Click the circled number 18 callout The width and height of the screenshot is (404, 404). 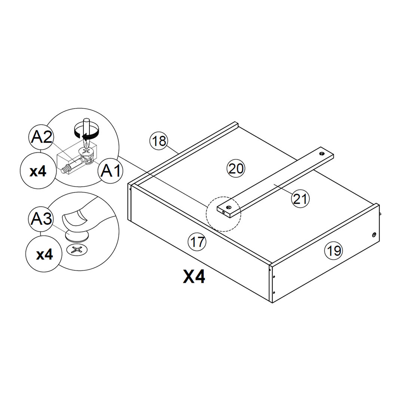(159, 141)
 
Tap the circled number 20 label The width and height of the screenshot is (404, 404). (236, 169)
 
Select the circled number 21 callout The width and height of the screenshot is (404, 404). (300, 199)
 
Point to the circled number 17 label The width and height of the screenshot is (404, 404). (197, 242)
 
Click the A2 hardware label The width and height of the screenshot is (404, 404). (42, 138)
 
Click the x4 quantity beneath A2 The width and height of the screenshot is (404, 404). (38, 171)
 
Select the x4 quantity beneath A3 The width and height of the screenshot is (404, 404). (45, 255)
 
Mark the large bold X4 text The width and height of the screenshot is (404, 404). (194, 277)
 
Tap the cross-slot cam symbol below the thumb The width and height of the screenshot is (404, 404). (76, 250)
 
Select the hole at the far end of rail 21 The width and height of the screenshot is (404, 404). (322, 154)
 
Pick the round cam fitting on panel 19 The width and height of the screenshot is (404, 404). (374, 235)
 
